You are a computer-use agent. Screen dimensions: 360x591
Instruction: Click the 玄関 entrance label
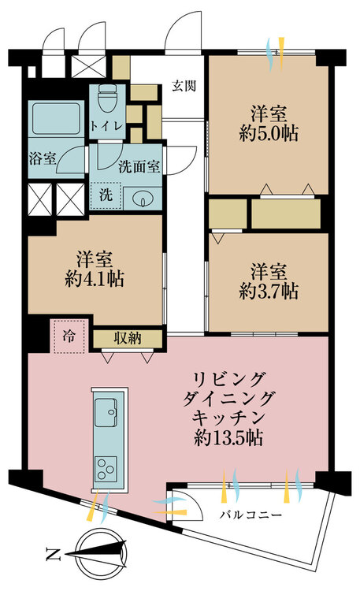tap(184, 86)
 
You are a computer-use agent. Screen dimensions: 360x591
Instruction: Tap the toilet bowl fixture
tap(107, 97)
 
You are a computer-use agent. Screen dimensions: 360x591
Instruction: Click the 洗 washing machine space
tap(106, 195)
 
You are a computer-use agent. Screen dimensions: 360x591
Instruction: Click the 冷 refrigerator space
tap(69, 336)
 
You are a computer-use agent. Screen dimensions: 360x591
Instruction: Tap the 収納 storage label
tap(128, 338)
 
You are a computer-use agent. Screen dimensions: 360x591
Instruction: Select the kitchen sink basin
tap(106, 412)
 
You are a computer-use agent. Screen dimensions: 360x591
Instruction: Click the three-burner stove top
tap(106, 468)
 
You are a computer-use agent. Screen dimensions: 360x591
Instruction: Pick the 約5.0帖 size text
tap(269, 133)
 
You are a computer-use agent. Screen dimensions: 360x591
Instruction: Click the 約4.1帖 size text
tap(95, 279)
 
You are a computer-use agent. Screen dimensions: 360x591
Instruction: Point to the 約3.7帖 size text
tap(269, 292)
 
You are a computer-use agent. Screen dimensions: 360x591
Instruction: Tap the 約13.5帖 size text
tap(228, 438)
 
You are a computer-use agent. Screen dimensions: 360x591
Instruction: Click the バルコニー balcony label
tap(251, 515)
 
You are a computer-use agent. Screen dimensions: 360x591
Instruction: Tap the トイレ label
tap(106, 125)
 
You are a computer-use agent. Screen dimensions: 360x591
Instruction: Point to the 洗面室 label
tap(139, 166)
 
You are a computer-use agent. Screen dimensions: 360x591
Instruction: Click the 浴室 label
tap(43, 158)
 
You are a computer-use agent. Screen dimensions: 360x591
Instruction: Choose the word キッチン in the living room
tap(228, 418)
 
